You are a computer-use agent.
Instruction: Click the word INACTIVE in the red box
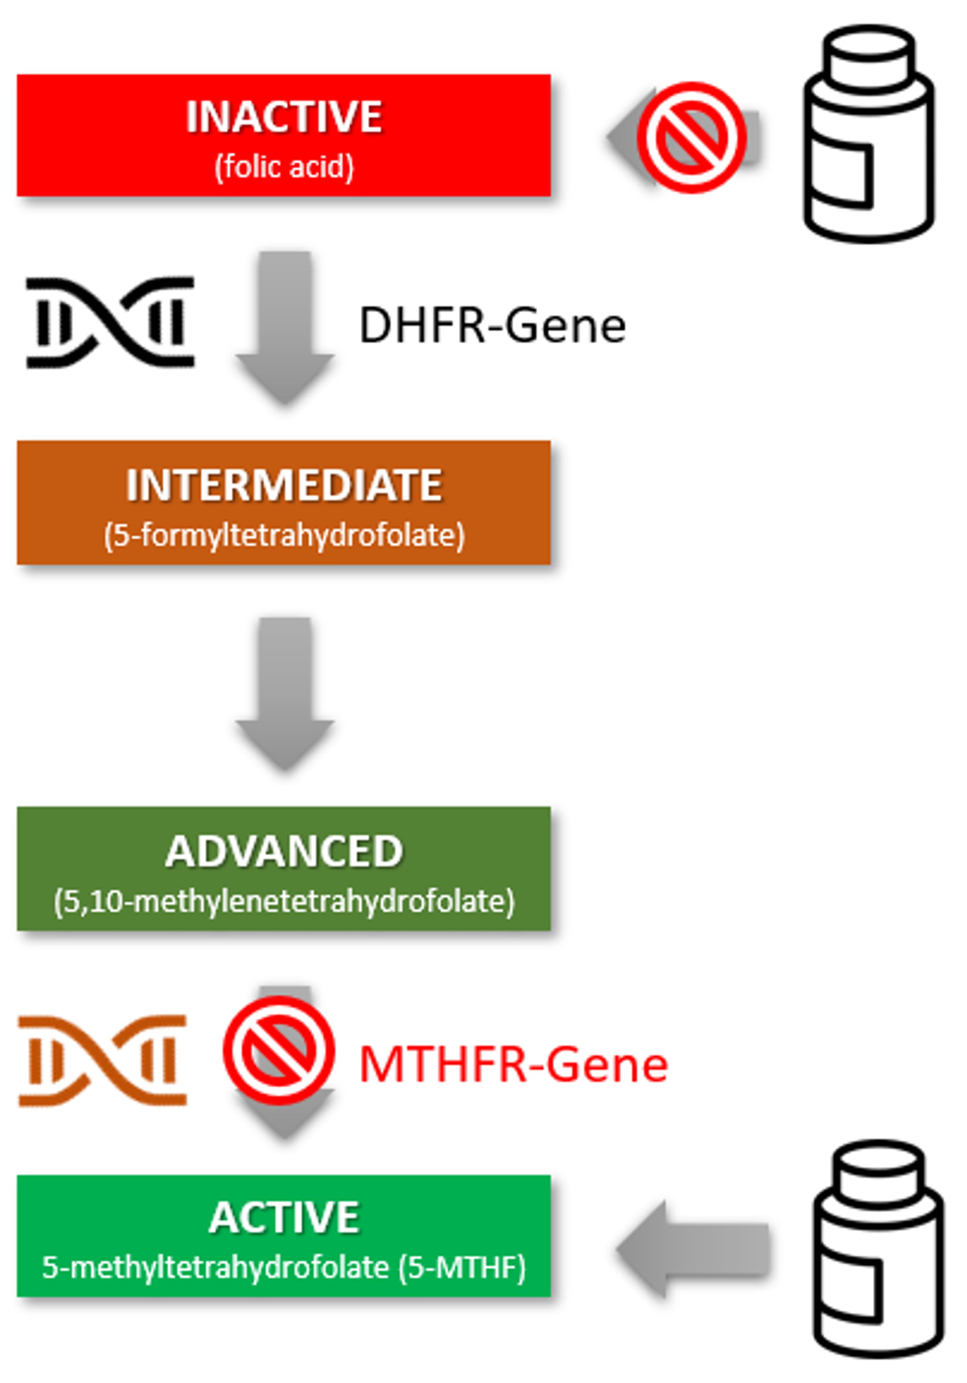point(284,117)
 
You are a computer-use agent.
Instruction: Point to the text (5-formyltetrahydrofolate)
point(284,535)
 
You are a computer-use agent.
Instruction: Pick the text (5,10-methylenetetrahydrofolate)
point(284,902)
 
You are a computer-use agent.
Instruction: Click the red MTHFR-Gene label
point(513,1065)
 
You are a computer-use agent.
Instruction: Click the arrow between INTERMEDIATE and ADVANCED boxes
point(284,693)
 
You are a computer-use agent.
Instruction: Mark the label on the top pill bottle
point(842,175)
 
